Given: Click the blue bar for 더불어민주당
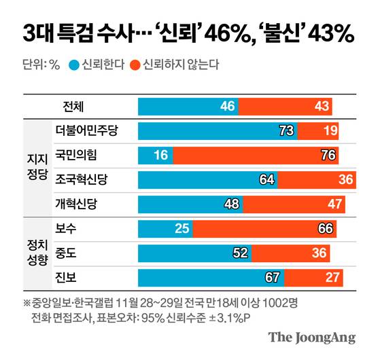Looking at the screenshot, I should point(218,130).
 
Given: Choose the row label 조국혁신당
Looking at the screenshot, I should point(81,179).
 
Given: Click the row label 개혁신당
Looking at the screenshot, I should point(77,204).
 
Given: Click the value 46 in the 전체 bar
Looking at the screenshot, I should point(228,107).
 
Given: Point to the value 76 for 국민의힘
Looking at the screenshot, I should point(328,155).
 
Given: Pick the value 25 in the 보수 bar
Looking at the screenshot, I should point(182,229).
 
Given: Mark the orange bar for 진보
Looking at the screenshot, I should point(313,277).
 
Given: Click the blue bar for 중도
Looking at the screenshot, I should point(194,253).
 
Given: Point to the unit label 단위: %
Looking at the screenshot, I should point(41,65).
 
